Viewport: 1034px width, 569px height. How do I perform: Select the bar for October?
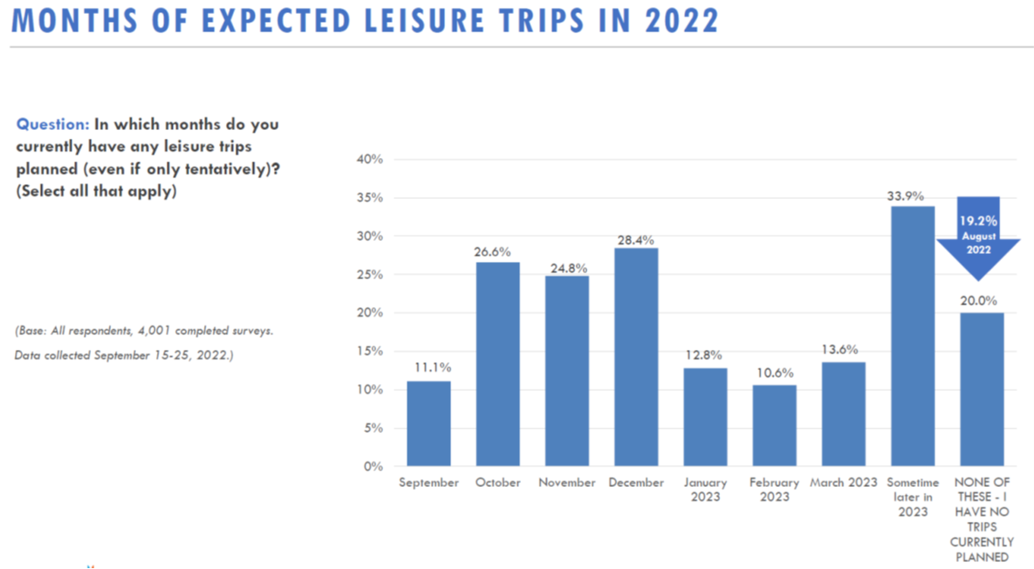(497, 364)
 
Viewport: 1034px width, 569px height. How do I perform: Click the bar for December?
(636, 357)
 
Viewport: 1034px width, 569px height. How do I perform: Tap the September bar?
(428, 423)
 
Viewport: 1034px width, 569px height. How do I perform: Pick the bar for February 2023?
(774, 425)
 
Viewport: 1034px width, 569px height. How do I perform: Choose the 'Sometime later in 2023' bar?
(913, 336)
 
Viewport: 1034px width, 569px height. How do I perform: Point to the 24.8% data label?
(567, 266)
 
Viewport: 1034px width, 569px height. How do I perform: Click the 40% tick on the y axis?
(371, 160)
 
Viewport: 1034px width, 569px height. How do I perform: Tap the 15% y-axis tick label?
(371, 351)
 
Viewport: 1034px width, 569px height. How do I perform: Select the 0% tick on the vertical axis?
(374, 466)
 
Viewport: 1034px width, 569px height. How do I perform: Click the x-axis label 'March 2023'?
(844, 483)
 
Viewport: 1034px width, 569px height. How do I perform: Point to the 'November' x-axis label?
(567, 483)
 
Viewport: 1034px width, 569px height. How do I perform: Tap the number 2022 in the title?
(681, 21)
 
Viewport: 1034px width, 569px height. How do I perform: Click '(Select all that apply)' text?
(96, 192)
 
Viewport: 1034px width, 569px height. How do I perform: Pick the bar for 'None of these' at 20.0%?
(982, 389)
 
